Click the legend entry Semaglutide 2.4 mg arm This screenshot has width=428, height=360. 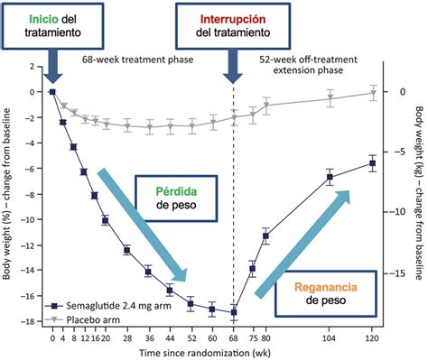tap(108, 306)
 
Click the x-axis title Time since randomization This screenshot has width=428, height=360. tap(210, 353)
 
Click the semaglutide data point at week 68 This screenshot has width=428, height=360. tap(234, 312)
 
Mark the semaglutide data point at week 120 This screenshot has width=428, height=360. tap(372, 162)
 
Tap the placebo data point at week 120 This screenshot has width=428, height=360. tap(372, 92)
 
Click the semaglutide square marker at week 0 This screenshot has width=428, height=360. tap(52, 91)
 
